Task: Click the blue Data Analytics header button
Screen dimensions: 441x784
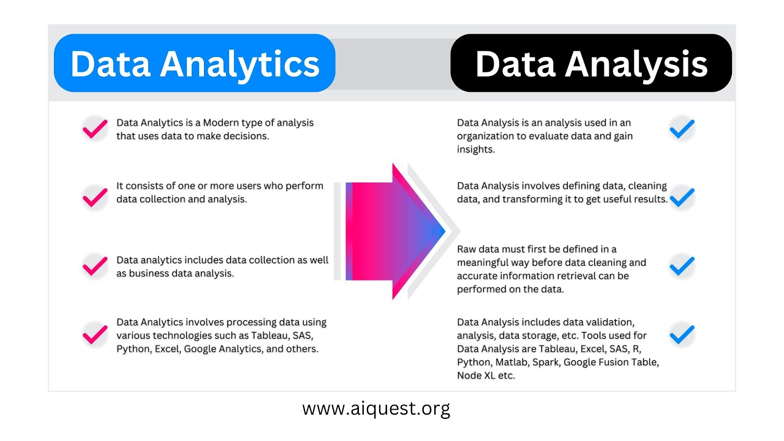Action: (x=194, y=63)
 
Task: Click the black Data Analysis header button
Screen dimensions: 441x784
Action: (x=591, y=63)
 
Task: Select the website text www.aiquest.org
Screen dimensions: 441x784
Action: (x=376, y=408)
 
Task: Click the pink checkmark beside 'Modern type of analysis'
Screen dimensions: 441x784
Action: (x=95, y=129)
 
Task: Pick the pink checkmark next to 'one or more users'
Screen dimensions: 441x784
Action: (x=95, y=197)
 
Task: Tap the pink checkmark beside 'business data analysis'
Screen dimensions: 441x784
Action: (x=95, y=266)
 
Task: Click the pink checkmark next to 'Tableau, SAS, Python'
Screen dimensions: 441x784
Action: (x=95, y=334)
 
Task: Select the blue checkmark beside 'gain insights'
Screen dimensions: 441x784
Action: (x=682, y=129)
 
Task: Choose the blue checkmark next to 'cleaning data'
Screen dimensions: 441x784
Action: (x=682, y=197)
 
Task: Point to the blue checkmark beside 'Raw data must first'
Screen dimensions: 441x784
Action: (x=682, y=266)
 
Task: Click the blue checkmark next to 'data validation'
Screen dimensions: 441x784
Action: (x=682, y=334)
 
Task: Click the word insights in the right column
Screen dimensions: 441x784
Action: (x=475, y=149)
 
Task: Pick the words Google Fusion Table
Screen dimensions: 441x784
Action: (x=611, y=362)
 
